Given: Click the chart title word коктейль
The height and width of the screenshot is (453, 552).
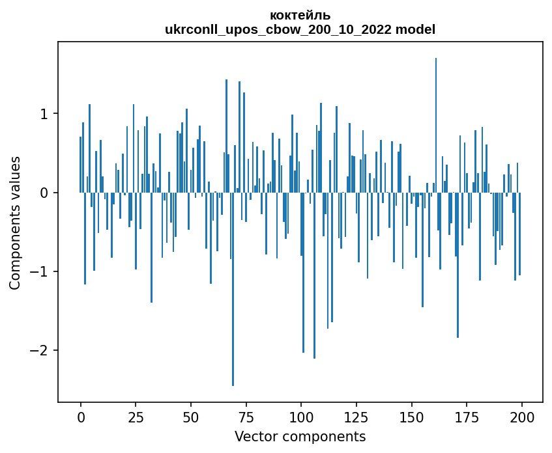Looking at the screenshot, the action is pyautogui.click(x=300, y=16).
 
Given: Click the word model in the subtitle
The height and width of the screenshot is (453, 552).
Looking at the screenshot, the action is pyautogui.click(x=415, y=29).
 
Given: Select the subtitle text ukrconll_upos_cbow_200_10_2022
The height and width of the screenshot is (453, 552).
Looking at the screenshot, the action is pyautogui.click(x=278, y=30).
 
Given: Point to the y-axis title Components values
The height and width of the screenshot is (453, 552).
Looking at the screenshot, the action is pyautogui.click(x=15, y=223).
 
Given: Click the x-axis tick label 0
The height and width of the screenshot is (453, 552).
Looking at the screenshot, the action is pyautogui.click(x=81, y=418).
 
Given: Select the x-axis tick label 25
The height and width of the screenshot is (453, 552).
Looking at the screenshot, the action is pyautogui.click(x=136, y=418).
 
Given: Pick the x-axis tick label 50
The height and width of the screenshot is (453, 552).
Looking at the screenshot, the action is pyautogui.click(x=191, y=418).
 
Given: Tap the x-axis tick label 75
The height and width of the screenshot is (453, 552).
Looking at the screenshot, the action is pyautogui.click(x=246, y=418).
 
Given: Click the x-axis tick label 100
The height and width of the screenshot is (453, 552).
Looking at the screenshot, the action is pyautogui.click(x=301, y=418).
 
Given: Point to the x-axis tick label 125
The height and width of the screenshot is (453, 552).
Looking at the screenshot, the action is pyautogui.click(x=356, y=418).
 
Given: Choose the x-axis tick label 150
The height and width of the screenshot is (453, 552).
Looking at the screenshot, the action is pyautogui.click(x=411, y=418).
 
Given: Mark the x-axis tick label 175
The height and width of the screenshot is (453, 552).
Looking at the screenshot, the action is pyautogui.click(x=467, y=418).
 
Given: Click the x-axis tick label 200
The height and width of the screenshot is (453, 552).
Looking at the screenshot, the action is pyautogui.click(x=522, y=418).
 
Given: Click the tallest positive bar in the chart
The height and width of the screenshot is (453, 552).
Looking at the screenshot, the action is pyautogui.click(x=436, y=125).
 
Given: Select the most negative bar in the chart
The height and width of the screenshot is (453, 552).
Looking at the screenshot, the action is pyautogui.click(x=233, y=289).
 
